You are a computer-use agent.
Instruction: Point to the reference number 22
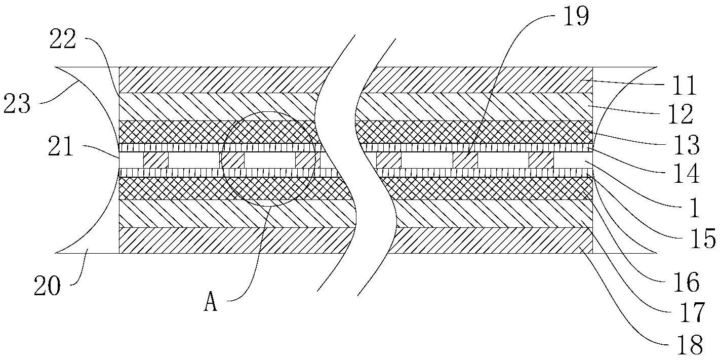click(x=63, y=41)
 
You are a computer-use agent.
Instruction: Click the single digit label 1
click(x=695, y=208)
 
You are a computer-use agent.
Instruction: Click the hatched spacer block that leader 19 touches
click(x=465, y=161)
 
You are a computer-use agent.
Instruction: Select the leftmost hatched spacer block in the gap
click(x=155, y=161)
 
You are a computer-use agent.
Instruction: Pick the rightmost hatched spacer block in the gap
click(x=541, y=161)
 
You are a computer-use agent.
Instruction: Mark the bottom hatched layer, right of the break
click(x=491, y=240)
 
